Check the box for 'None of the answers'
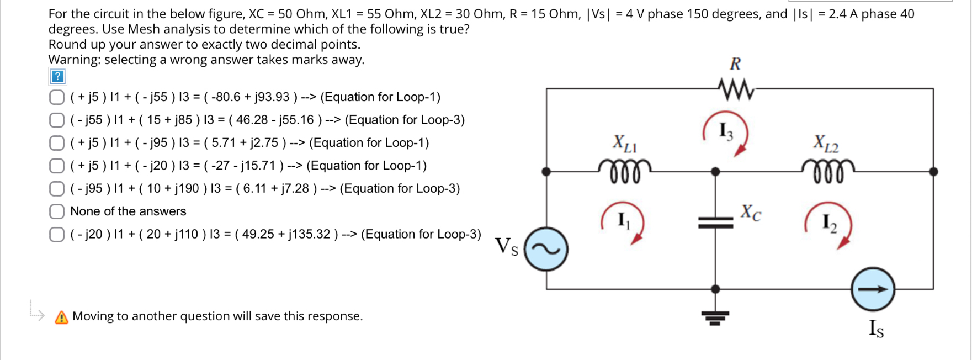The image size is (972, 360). (57, 211)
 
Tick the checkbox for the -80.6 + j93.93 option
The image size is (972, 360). (57, 97)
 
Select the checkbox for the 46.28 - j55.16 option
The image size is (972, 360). (57, 120)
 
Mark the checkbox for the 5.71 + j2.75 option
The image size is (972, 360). (57, 143)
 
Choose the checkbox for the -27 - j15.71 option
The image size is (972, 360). (57, 166)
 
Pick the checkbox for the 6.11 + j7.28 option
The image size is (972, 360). (57, 189)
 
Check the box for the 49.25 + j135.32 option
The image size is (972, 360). (57, 234)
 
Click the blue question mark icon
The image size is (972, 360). (57, 76)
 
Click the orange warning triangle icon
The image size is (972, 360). (62, 317)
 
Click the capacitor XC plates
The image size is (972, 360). (715, 223)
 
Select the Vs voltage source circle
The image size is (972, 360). (546, 250)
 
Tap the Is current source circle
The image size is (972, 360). (873, 289)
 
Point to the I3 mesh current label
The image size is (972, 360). (725, 131)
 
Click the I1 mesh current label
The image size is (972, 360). (623, 220)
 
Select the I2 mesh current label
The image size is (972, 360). (828, 222)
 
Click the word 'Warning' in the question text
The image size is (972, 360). (75, 60)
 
